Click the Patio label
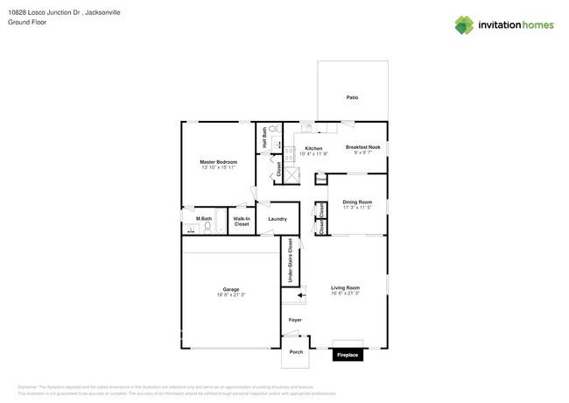[x=352, y=97]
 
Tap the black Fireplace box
[x=348, y=355]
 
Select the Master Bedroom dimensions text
[x=218, y=167]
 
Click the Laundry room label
[x=277, y=219]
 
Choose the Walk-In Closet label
[x=242, y=222]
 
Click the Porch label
[x=296, y=352]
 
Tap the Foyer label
[x=295, y=320]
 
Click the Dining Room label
[x=357, y=201]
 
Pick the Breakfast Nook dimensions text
[x=362, y=152]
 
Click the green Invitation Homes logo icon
[x=464, y=25]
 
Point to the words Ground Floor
[x=27, y=22]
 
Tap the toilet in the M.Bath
[x=207, y=227]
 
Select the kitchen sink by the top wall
[x=307, y=128]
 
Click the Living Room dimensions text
[x=345, y=293]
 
